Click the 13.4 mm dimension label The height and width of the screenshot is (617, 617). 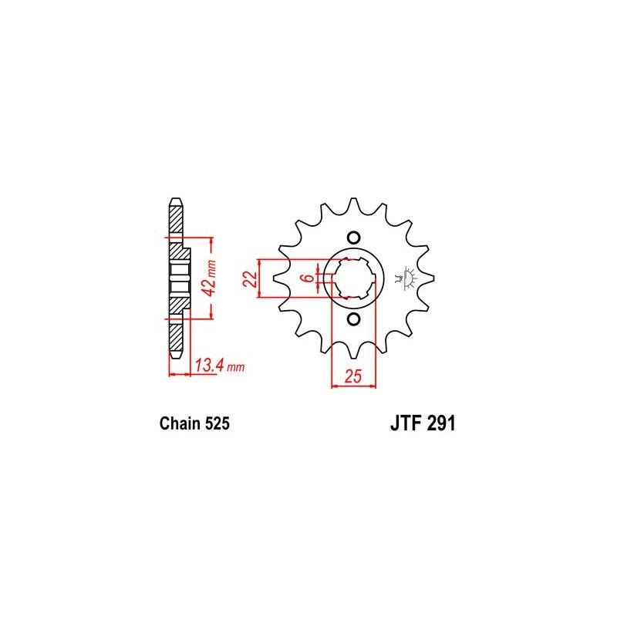(x=219, y=366)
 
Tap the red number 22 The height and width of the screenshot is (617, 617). (x=248, y=278)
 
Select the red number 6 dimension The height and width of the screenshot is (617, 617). (x=308, y=278)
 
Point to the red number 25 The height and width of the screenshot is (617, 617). (x=352, y=376)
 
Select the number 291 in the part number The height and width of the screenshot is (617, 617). (x=439, y=423)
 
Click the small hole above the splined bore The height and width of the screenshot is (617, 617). (x=353, y=237)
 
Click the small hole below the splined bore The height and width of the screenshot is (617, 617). (x=353, y=319)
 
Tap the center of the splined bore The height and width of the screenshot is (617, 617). (x=353, y=278)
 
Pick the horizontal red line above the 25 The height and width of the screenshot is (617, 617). (x=352, y=385)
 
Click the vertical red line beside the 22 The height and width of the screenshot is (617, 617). (x=262, y=278)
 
